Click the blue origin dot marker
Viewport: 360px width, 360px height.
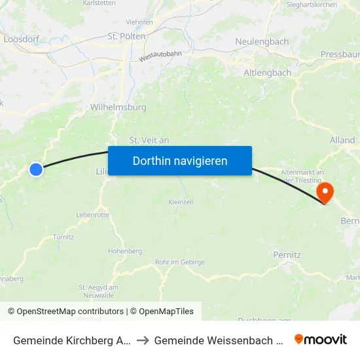click(36, 170)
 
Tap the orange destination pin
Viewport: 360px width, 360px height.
click(324, 192)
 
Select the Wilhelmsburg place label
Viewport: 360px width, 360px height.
click(118, 107)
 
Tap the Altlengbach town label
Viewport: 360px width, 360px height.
click(267, 73)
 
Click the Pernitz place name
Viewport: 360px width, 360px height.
click(287, 254)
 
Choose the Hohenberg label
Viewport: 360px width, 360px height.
click(124, 251)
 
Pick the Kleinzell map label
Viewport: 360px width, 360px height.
click(181, 202)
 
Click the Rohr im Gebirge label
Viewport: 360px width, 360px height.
click(180, 262)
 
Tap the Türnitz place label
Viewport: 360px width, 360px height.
click(63, 236)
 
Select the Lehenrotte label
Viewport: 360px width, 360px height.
click(92, 215)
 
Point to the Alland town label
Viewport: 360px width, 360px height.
click(342, 140)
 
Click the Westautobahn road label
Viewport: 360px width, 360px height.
click(160, 58)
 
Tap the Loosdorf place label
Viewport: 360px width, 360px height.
click(21, 39)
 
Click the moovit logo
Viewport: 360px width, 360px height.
click(321, 339)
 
